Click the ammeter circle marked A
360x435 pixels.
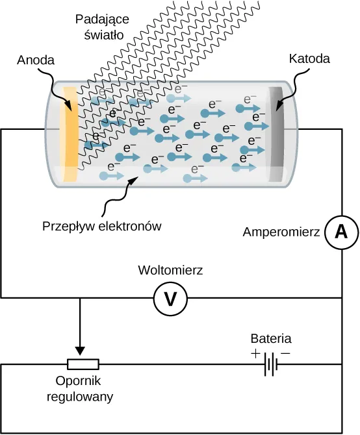pos(341,232)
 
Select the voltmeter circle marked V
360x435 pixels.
pos(170,298)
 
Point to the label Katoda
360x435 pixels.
pos(309,58)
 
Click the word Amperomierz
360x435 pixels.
pos(281,231)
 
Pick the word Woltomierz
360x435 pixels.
pos(170,270)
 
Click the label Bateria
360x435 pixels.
pos(271,338)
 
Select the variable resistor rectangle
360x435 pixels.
pos(83,364)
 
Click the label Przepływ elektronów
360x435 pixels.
pos(101,227)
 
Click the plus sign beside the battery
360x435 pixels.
pos(255,354)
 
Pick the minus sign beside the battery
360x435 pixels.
pos(285,354)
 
